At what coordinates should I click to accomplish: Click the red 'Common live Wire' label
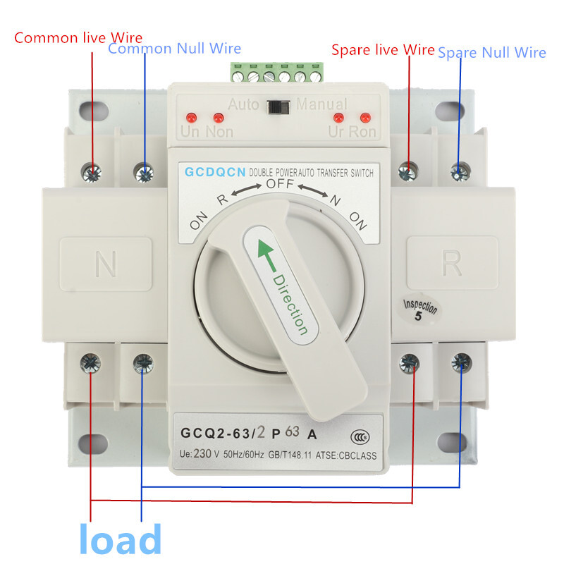[78, 37]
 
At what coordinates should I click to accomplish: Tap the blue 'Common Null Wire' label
[174, 49]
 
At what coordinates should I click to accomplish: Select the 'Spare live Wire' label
[383, 49]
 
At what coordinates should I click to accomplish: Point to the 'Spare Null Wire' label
[491, 52]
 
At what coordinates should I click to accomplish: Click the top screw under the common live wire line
[92, 171]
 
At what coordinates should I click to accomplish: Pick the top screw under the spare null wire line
[460, 171]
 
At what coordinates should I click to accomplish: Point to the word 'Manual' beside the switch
[321, 105]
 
